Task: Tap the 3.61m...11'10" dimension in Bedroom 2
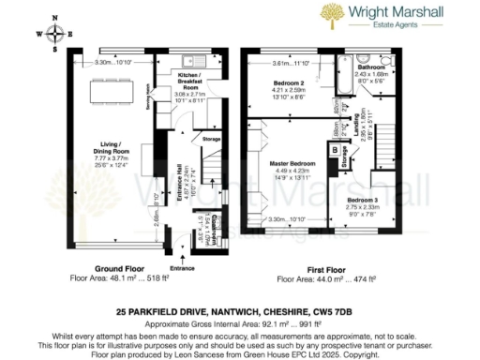290,63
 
